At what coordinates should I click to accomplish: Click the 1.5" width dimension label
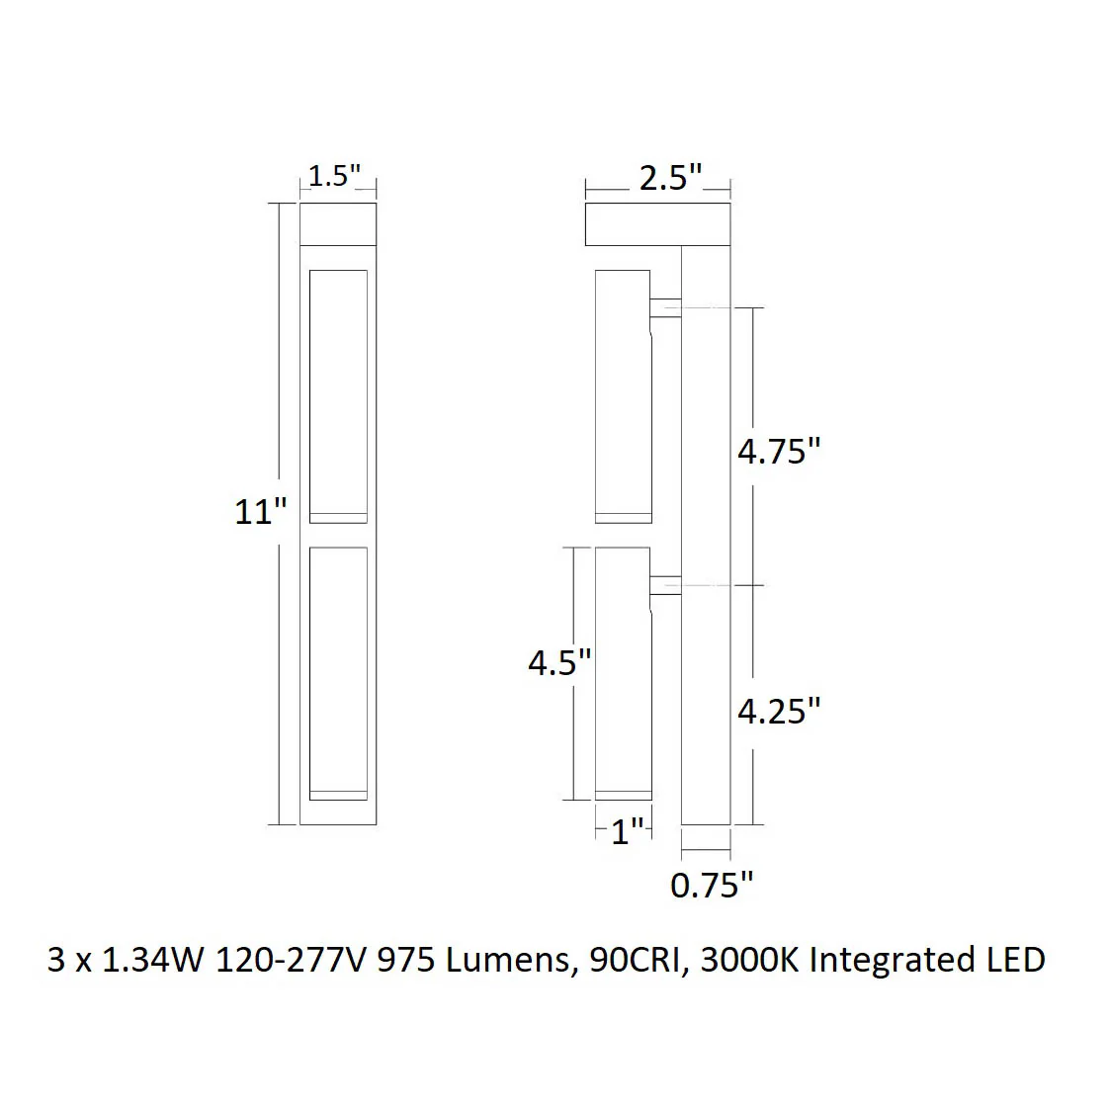pos(334,176)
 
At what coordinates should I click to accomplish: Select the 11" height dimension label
pos(260,511)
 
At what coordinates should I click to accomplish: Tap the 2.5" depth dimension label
pos(670,178)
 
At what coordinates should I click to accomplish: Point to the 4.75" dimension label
pos(779,451)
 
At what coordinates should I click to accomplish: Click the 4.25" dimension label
pos(779,711)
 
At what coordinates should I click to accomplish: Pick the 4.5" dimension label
pos(559,662)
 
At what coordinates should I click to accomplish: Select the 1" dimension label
pos(628,832)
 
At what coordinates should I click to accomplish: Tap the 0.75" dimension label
pos(712,885)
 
